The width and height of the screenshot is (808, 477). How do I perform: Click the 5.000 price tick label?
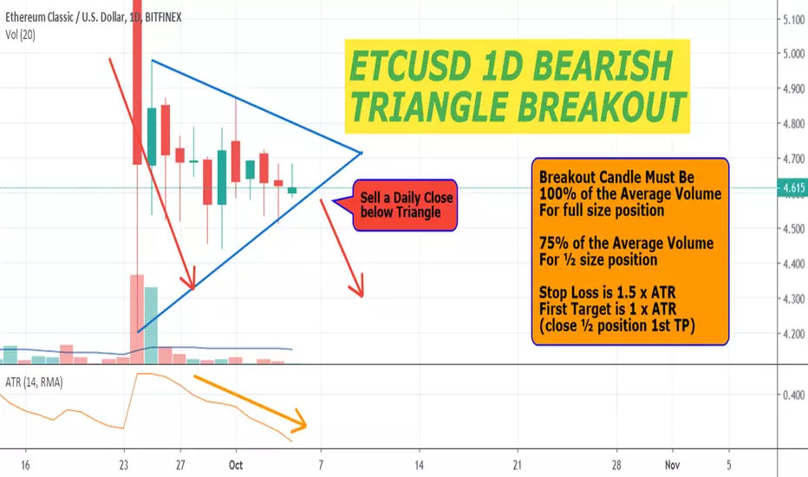793,54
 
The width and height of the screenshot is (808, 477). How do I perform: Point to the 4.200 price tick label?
793,334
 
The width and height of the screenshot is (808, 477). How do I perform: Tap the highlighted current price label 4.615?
793,188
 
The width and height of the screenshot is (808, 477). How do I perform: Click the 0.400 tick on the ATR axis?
793,395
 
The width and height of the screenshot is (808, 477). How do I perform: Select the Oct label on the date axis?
236,465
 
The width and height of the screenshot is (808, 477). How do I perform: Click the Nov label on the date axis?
672,465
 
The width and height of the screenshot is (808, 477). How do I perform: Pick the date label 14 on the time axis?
419,465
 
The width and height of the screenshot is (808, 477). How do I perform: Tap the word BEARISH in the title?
602,66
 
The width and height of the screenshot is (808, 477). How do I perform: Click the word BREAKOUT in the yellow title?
602,107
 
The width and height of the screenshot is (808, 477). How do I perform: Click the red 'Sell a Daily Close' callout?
405,206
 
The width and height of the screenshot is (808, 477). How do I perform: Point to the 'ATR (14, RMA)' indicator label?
34,382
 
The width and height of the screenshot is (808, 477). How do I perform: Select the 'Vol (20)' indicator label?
20,35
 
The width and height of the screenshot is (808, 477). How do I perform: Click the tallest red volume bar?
137,319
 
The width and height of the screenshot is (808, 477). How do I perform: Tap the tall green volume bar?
151,325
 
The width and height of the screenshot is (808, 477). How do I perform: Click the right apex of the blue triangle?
362,153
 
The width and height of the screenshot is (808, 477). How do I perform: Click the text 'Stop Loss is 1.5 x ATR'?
607,293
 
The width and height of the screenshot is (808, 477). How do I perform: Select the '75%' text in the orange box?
551,243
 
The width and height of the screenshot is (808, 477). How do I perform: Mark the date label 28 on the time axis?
616,465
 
